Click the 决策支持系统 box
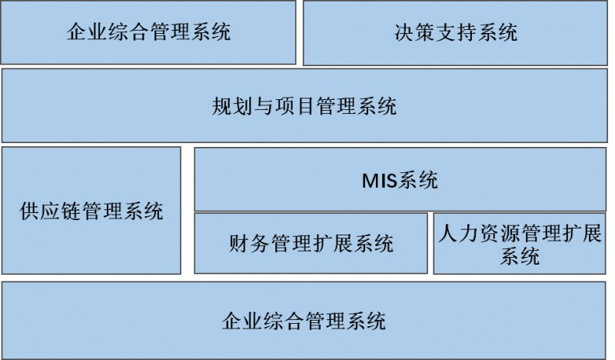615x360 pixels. pyautogui.click(x=455, y=32)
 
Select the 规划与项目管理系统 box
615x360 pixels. pyautogui.click(x=304, y=105)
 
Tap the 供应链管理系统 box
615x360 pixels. pyautogui.click(x=91, y=211)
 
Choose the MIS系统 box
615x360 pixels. pyautogui.click(x=400, y=179)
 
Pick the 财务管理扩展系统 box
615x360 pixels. pyautogui.click(x=311, y=243)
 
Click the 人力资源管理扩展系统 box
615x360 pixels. pyautogui.click(x=520, y=243)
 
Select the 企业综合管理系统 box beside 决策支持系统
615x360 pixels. pyautogui.click(x=148, y=32)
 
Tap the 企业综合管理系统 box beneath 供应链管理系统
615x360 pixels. pyautogui.click(x=304, y=320)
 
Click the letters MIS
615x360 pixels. pyautogui.click(x=379, y=181)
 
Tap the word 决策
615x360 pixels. pyautogui.click(x=414, y=32)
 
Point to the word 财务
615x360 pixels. pyautogui.click(x=248, y=243)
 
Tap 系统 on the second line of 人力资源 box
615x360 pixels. pyautogui.click(x=520, y=256)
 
